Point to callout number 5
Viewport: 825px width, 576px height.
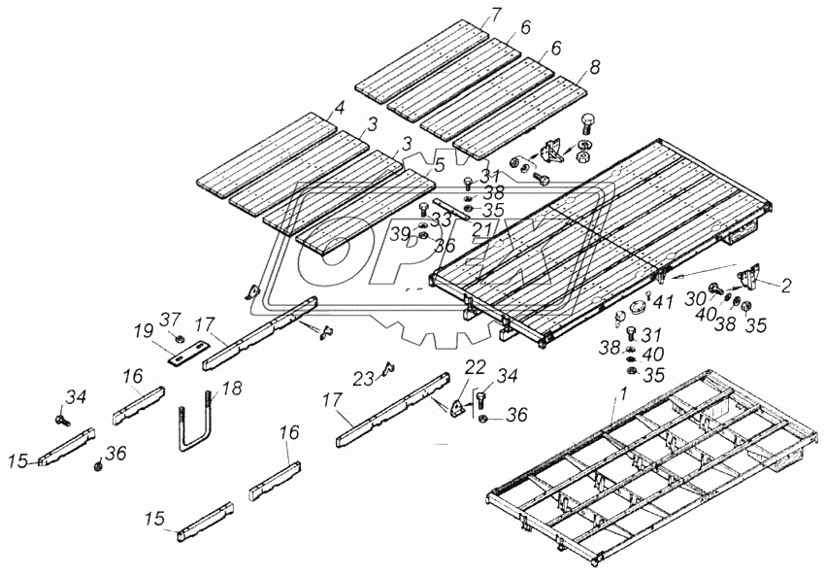[440, 165]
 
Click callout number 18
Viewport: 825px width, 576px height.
[230, 388]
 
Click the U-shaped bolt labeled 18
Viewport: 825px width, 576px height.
[194, 428]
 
